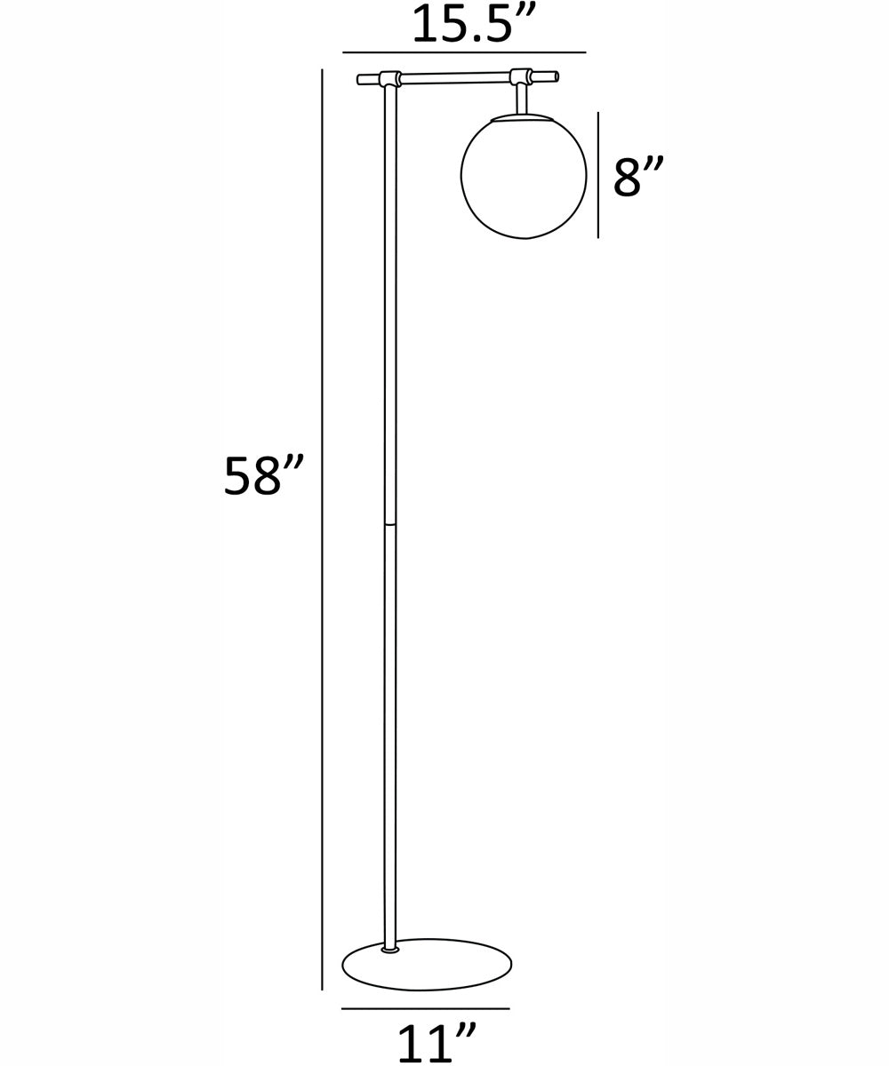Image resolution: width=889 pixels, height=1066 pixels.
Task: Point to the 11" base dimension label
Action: pos(436,1043)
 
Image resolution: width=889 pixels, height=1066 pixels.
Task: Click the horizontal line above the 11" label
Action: pos(425,1008)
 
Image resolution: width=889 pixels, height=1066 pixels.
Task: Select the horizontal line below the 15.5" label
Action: pos(464,52)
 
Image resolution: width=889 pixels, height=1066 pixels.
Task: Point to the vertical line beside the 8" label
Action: pos(598,175)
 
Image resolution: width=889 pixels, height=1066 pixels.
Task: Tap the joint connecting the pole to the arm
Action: pos(390,79)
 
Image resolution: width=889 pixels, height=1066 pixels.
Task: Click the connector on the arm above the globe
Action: pos(522,77)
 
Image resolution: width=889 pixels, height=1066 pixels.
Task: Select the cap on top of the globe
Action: pos(522,117)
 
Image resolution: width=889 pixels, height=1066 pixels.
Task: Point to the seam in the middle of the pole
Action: pos(390,524)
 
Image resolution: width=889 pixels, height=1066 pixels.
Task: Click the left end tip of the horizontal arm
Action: pos(359,80)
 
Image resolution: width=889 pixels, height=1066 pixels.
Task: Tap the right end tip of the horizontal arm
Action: pos(556,76)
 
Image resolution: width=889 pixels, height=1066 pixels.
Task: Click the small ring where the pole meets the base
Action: pos(390,950)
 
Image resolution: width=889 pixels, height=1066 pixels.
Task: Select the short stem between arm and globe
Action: pos(522,99)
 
